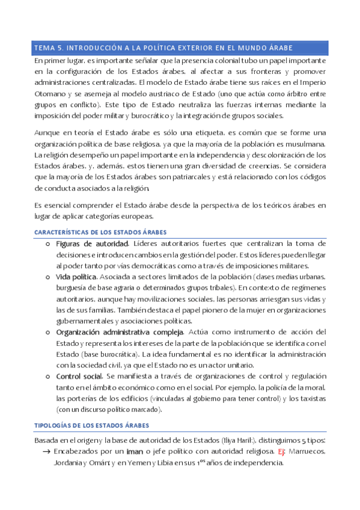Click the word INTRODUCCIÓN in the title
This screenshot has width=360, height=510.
click(x=91, y=47)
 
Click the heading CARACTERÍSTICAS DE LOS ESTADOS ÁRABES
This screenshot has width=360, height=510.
click(x=100, y=232)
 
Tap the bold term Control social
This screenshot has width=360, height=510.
click(x=79, y=376)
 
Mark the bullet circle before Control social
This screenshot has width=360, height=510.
click(x=48, y=376)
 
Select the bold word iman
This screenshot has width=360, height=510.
click(x=135, y=452)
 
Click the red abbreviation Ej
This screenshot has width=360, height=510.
click(x=281, y=452)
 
